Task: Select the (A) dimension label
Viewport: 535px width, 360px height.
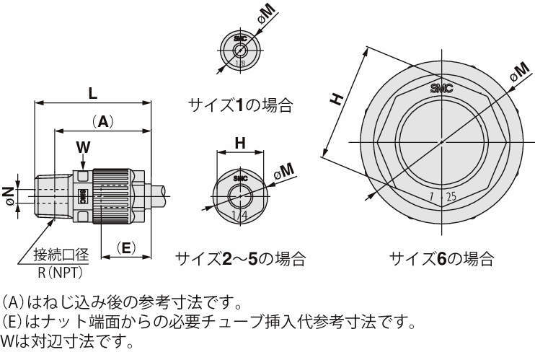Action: (x=103, y=122)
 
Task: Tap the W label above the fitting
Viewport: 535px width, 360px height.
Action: (x=84, y=146)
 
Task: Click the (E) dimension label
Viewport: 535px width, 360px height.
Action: (x=125, y=247)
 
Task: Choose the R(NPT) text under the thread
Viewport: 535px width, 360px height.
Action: (x=61, y=272)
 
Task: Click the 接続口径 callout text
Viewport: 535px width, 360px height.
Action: (x=61, y=255)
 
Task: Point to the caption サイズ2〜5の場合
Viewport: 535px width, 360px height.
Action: (x=241, y=258)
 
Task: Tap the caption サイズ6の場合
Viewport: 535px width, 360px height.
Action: (x=441, y=258)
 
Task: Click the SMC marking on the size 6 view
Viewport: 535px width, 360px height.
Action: (x=441, y=88)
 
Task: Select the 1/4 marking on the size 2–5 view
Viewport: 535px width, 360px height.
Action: (x=238, y=215)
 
